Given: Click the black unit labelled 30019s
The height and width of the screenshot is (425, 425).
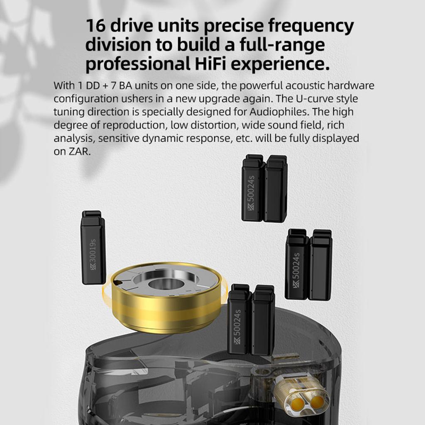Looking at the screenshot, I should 93,248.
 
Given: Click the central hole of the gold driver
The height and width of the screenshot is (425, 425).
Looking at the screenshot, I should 166,284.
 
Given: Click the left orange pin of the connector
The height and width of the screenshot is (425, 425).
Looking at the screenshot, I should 298,401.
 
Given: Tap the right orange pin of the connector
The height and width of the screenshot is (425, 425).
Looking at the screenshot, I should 317,402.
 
